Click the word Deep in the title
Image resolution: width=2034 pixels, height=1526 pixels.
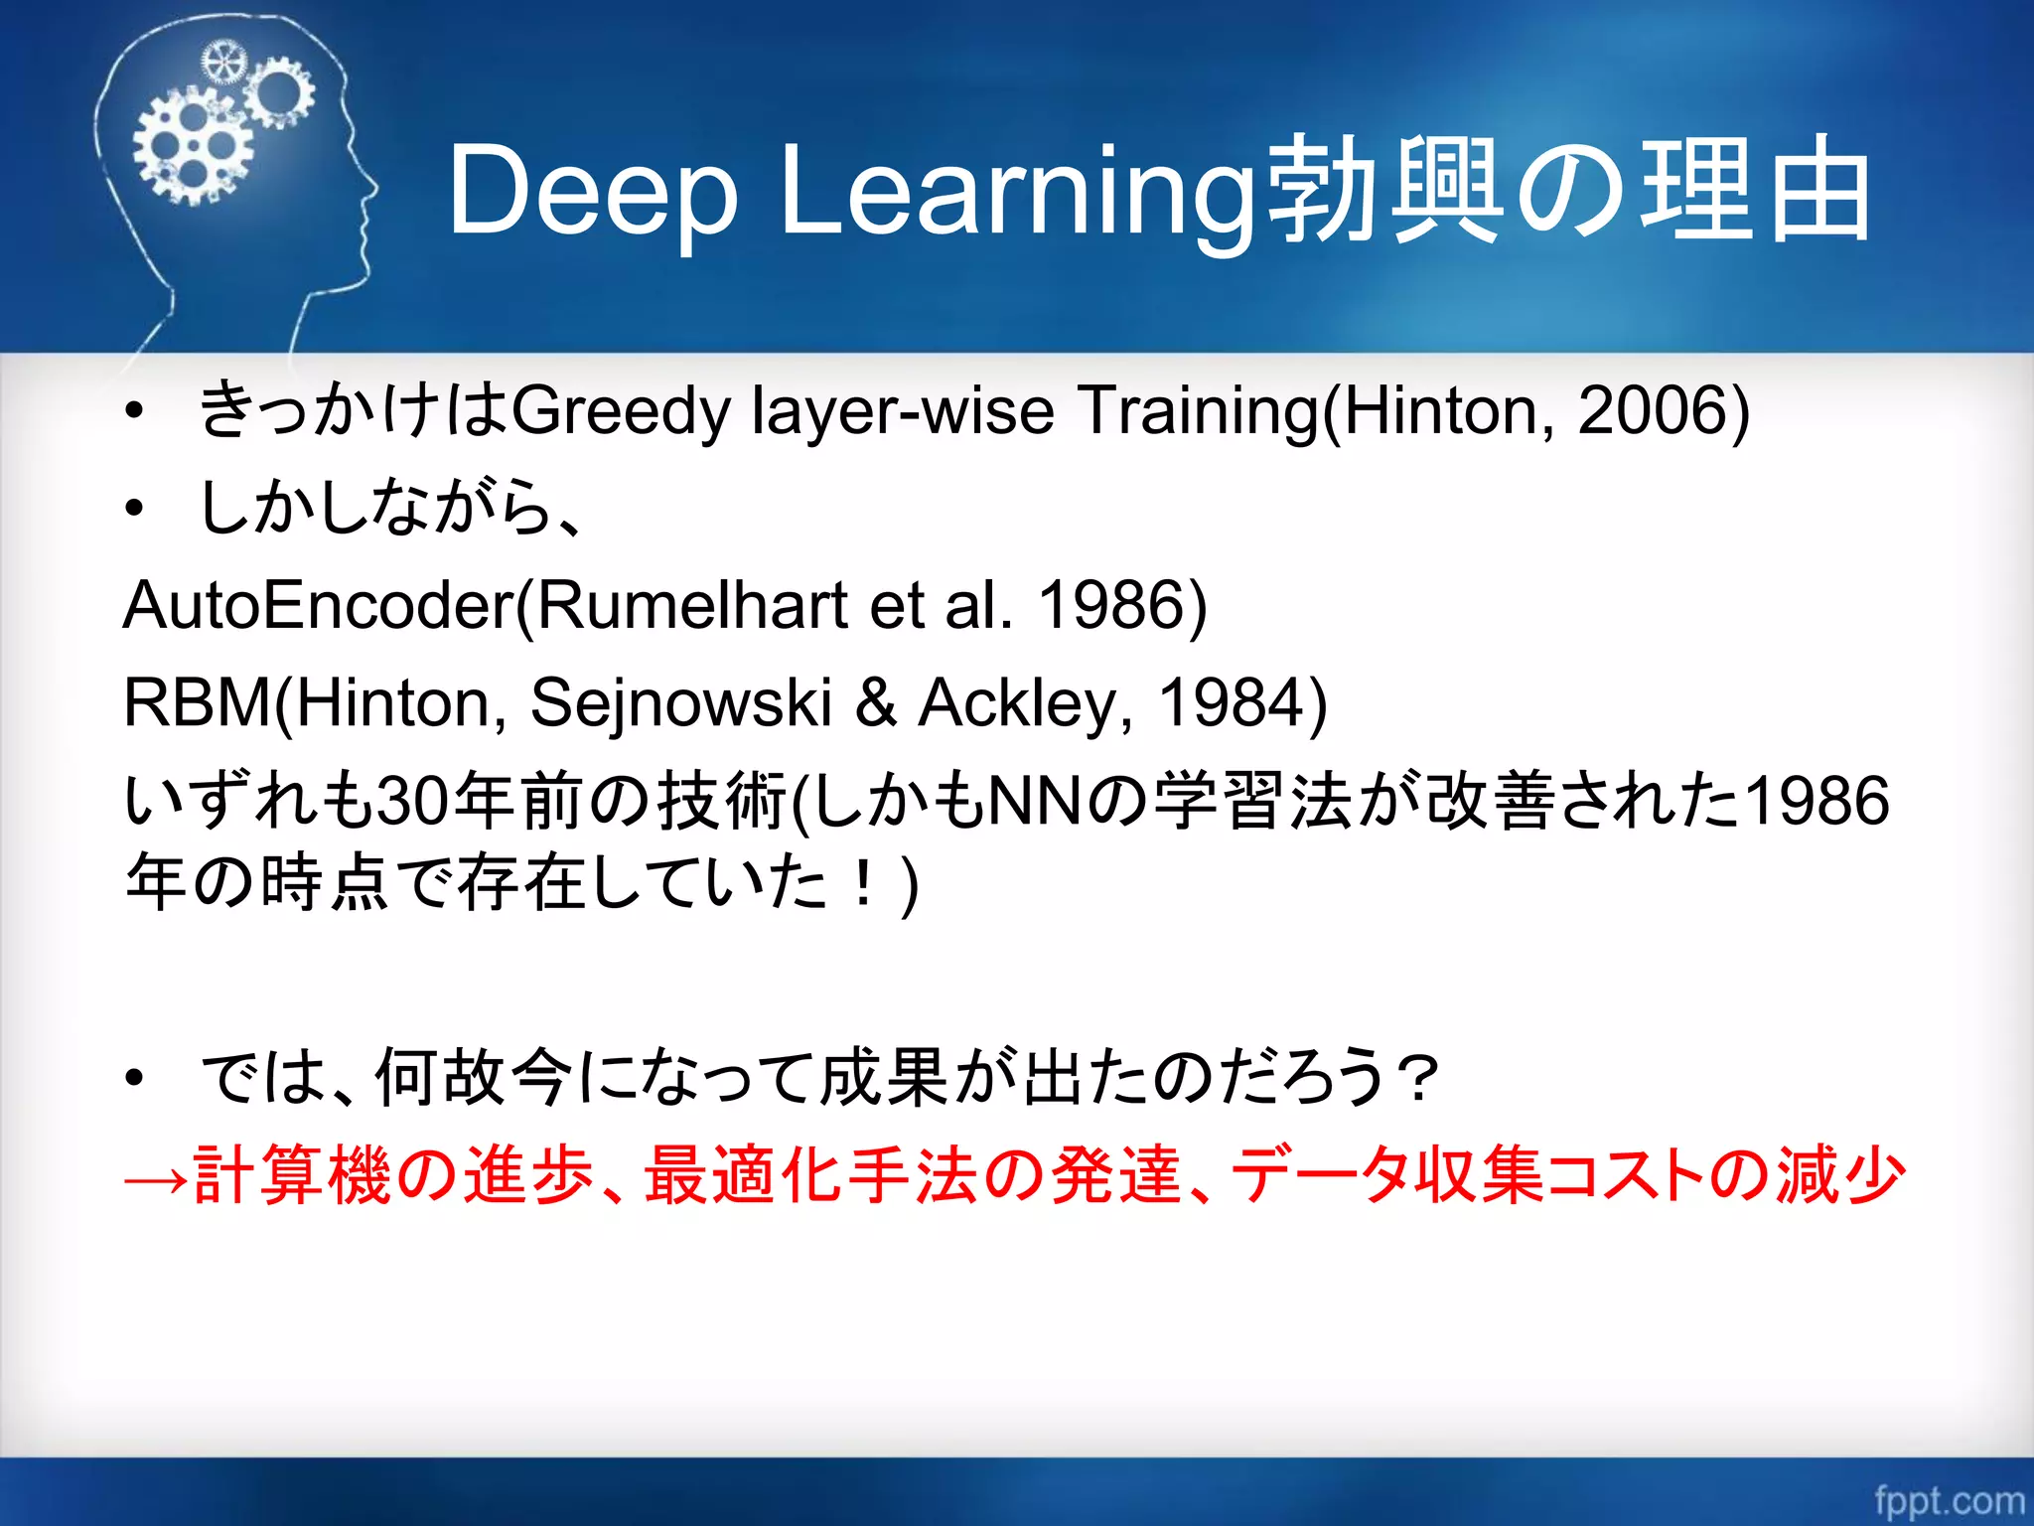click(593, 191)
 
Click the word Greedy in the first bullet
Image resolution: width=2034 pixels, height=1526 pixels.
click(622, 410)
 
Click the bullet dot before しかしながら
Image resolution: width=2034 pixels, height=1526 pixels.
click(134, 509)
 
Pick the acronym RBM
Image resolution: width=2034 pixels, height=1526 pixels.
click(196, 702)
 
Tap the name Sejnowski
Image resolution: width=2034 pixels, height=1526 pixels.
click(681, 702)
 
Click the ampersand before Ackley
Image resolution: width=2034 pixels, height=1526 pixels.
click(876, 702)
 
